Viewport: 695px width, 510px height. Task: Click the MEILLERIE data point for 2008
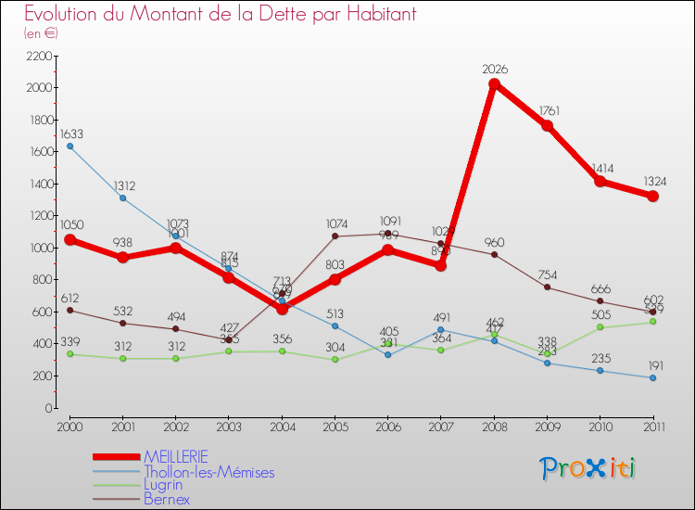pyautogui.click(x=494, y=84)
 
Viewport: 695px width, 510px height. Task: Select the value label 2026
pyautogui.click(x=495, y=70)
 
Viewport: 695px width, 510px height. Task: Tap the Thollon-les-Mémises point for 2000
pyautogui.click(x=70, y=147)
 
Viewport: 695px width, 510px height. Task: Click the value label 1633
pyautogui.click(x=72, y=134)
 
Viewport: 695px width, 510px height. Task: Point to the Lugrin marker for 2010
pyautogui.click(x=600, y=327)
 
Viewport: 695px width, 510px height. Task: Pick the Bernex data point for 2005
pyautogui.click(x=335, y=236)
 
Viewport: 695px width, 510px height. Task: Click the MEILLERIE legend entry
pyautogui.click(x=175, y=456)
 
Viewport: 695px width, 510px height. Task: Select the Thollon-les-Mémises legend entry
pyautogui.click(x=208, y=472)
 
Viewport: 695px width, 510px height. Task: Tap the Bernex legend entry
pyautogui.click(x=167, y=499)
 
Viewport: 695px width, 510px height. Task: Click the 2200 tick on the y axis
pyautogui.click(x=38, y=56)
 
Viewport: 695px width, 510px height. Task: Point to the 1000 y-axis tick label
pyautogui.click(x=38, y=248)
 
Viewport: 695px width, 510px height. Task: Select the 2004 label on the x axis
pyautogui.click(x=282, y=427)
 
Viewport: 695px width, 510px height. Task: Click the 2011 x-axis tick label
pyautogui.click(x=653, y=427)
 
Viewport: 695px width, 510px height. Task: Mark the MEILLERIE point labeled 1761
pyautogui.click(x=548, y=126)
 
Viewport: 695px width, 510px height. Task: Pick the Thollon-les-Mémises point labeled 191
pyautogui.click(x=653, y=377)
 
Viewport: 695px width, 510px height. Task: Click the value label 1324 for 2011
pyautogui.click(x=653, y=180)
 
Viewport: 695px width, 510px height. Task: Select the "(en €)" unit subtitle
pyautogui.click(x=41, y=33)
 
